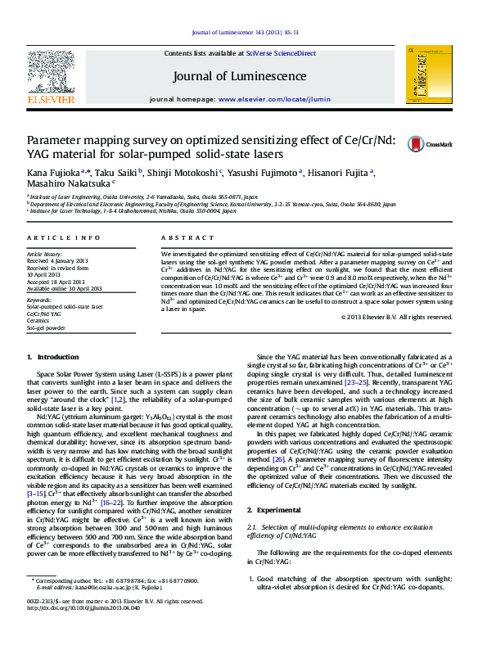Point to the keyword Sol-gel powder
[x=46, y=327]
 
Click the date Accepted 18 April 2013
[x=61, y=282]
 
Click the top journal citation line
[x=242, y=33]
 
